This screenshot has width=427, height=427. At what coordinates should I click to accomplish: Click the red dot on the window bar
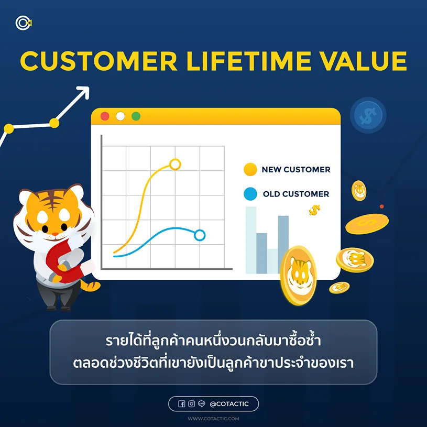point(105,116)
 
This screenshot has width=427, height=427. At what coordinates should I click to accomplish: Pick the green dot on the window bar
point(136,116)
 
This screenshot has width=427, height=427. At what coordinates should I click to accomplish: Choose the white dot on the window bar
point(121,116)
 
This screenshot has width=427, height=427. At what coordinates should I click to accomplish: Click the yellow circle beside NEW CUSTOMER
point(250,170)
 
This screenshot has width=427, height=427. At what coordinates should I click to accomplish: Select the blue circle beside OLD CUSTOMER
point(250,194)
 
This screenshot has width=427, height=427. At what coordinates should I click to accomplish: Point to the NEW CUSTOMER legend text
point(296,170)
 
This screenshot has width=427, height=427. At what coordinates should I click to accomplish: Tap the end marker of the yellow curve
point(175,165)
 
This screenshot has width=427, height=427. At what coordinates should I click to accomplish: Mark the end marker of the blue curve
point(199,235)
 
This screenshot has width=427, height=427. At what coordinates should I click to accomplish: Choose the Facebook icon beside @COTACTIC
point(182,404)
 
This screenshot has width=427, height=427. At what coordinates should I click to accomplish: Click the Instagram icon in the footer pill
point(192,404)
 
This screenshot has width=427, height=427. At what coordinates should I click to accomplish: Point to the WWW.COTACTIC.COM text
point(213,419)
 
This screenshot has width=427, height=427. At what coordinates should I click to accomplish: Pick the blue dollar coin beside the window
point(368,115)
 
